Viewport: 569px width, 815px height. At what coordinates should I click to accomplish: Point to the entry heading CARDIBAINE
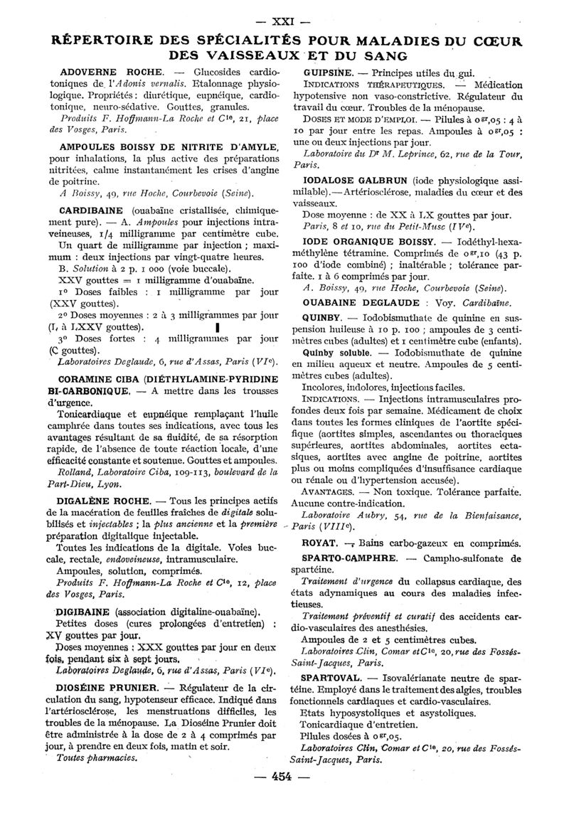pyautogui.click(x=89, y=211)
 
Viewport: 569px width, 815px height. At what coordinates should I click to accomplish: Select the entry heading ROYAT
pyautogui.click(x=317, y=543)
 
